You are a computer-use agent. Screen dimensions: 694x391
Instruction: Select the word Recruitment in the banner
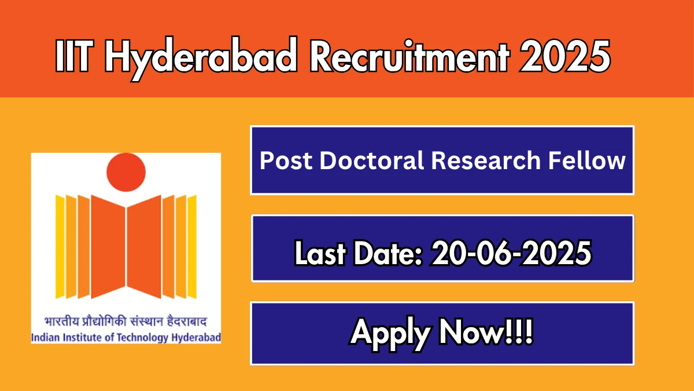pos(409,56)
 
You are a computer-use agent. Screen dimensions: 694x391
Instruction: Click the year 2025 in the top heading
pos(565,56)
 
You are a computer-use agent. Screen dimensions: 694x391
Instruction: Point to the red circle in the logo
pos(126,172)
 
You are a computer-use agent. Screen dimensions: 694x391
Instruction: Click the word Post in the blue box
pos(286,160)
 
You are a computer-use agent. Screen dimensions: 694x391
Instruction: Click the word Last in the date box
pos(320,253)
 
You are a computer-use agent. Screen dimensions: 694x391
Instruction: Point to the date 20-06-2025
pos(511,253)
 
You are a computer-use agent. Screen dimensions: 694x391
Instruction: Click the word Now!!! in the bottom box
pos(486,332)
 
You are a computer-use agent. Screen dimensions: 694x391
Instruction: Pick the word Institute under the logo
pos(83,337)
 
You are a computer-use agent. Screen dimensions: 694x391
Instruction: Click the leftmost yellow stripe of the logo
pos(60,247)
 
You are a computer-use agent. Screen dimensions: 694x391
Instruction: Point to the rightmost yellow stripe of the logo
pos(192,247)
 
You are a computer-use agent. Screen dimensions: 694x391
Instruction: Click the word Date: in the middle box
pos(388,253)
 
